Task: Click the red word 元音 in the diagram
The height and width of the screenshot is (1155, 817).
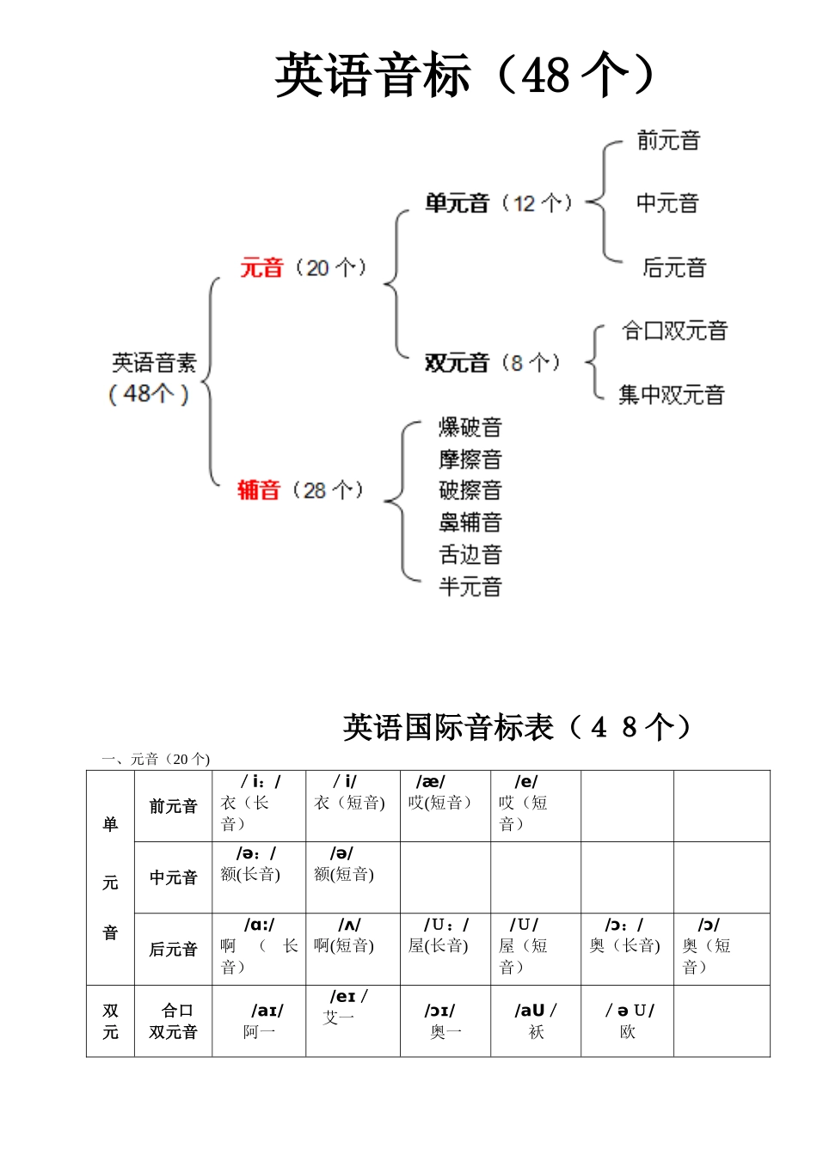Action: pos(261,267)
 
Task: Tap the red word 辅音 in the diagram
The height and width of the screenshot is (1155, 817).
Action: pos(259,490)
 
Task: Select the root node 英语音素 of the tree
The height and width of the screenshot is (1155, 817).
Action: pos(154,364)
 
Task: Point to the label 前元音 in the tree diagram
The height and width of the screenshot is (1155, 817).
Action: pos(668,140)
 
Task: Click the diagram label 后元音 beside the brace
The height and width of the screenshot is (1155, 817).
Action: pos(673,267)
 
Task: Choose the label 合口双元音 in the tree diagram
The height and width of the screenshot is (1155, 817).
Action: pos(674,331)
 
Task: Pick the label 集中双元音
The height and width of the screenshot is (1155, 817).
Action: pos(672,394)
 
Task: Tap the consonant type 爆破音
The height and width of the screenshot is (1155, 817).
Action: pos(470,427)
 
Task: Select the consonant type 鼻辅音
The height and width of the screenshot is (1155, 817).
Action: pos(470,522)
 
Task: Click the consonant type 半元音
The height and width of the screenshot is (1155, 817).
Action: pos(470,586)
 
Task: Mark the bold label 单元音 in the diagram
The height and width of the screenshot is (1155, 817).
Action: pos(457,204)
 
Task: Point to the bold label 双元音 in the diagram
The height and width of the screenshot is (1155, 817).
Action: pos(457,363)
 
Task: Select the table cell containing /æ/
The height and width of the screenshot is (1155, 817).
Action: pos(445,805)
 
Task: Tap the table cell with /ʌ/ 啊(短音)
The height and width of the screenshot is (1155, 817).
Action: pos(353,948)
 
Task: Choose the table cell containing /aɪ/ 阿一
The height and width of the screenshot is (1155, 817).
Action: pos(259,1020)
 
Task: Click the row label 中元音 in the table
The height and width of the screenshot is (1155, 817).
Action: pos(173,877)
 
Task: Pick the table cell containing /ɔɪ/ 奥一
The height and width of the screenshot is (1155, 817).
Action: pos(445,1020)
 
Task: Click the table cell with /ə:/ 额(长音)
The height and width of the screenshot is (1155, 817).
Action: pos(259,877)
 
